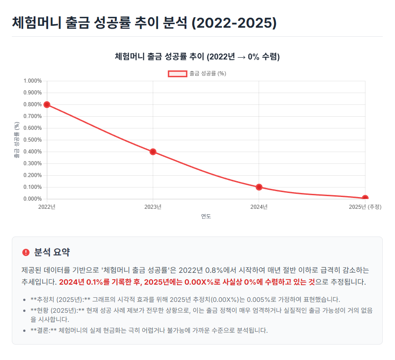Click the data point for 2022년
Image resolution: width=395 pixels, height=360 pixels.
[47, 104]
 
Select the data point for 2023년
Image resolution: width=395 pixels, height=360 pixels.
[153, 152]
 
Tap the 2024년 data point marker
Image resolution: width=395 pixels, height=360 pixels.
[259, 187]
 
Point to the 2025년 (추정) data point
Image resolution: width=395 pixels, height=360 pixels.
[365, 198]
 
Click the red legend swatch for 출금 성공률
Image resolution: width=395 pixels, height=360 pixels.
[177, 74]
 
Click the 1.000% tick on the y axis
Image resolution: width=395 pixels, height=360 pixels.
[32, 81]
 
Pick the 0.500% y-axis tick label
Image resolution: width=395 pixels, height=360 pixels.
[32, 140]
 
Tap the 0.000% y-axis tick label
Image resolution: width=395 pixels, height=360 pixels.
[32, 199]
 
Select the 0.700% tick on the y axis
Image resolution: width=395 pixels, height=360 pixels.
[32, 116]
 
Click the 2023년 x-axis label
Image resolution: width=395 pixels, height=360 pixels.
[153, 207]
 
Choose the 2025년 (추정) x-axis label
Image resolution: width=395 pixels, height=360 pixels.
[365, 207]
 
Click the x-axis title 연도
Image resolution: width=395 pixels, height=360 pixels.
[206, 217]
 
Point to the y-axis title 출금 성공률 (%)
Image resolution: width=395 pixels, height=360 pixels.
[17, 140]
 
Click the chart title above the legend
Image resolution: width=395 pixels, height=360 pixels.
[197, 57]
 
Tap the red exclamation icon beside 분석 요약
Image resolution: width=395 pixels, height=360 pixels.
[25, 252]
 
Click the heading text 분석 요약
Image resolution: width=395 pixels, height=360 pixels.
[52, 252]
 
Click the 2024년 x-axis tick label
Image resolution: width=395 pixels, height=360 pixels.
[259, 207]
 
